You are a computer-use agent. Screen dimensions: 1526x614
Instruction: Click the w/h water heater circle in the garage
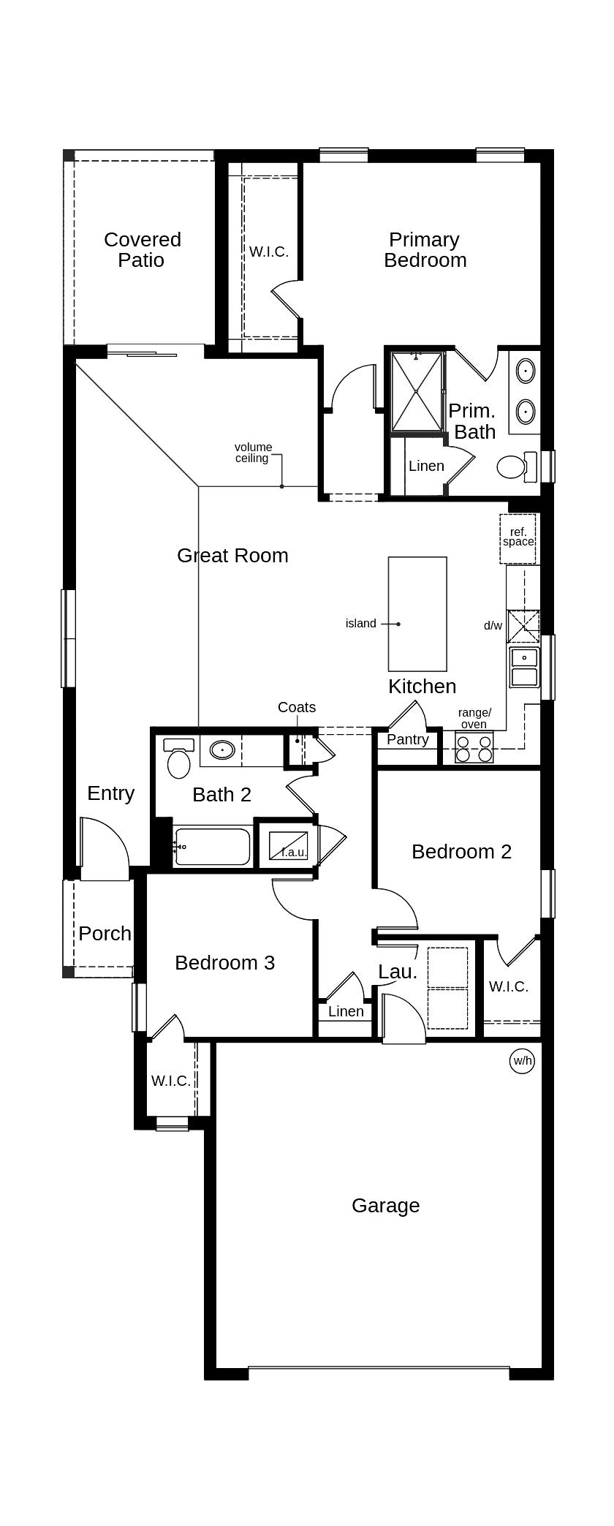click(x=522, y=1060)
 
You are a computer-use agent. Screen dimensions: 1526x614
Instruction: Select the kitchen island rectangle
click(x=417, y=614)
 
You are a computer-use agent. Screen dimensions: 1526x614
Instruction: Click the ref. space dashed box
click(x=518, y=539)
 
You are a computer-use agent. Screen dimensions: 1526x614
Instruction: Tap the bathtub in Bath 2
click(x=213, y=847)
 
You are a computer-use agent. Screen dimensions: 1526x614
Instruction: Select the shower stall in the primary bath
click(x=417, y=392)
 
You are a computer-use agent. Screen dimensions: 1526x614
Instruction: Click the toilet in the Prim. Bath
click(x=515, y=466)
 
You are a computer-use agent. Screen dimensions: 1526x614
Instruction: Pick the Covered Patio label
click(x=142, y=250)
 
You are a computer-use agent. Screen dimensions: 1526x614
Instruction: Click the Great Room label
click(x=232, y=556)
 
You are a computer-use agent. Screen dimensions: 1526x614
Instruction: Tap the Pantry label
click(x=408, y=739)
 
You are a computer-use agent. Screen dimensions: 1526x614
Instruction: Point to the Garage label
click(x=385, y=1206)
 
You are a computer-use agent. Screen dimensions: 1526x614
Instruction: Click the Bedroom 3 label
click(x=224, y=963)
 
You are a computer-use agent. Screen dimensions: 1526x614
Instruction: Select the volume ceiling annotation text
click(x=253, y=453)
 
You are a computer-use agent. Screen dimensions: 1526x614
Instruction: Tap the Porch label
click(x=105, y=934)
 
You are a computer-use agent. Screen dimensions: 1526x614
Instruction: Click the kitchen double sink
click(x=524, y=667)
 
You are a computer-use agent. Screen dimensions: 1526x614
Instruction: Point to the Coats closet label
click(x=297, y=708)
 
